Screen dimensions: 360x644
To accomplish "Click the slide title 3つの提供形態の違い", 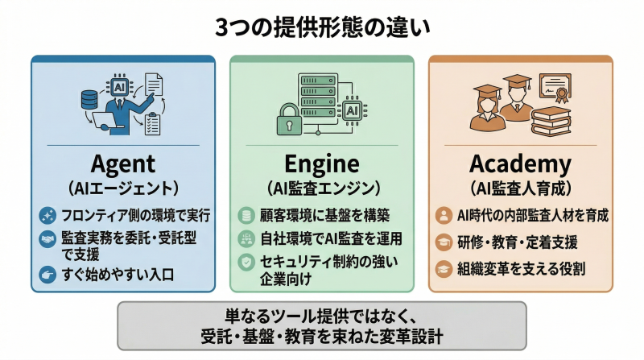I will tap(322, 27).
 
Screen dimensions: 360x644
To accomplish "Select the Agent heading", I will tap(123, 164).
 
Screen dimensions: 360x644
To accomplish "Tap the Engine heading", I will tap(322, 164).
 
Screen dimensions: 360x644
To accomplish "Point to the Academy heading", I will tap(521, 164).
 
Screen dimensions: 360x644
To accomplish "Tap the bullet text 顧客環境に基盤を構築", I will tap(325, 215).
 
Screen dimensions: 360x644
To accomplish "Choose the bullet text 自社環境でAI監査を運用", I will tap(331, 238).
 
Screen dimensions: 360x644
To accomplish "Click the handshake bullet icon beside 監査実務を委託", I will tap(47, 239).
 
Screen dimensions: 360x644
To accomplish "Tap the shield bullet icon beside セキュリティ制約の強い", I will tap(246, 262).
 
